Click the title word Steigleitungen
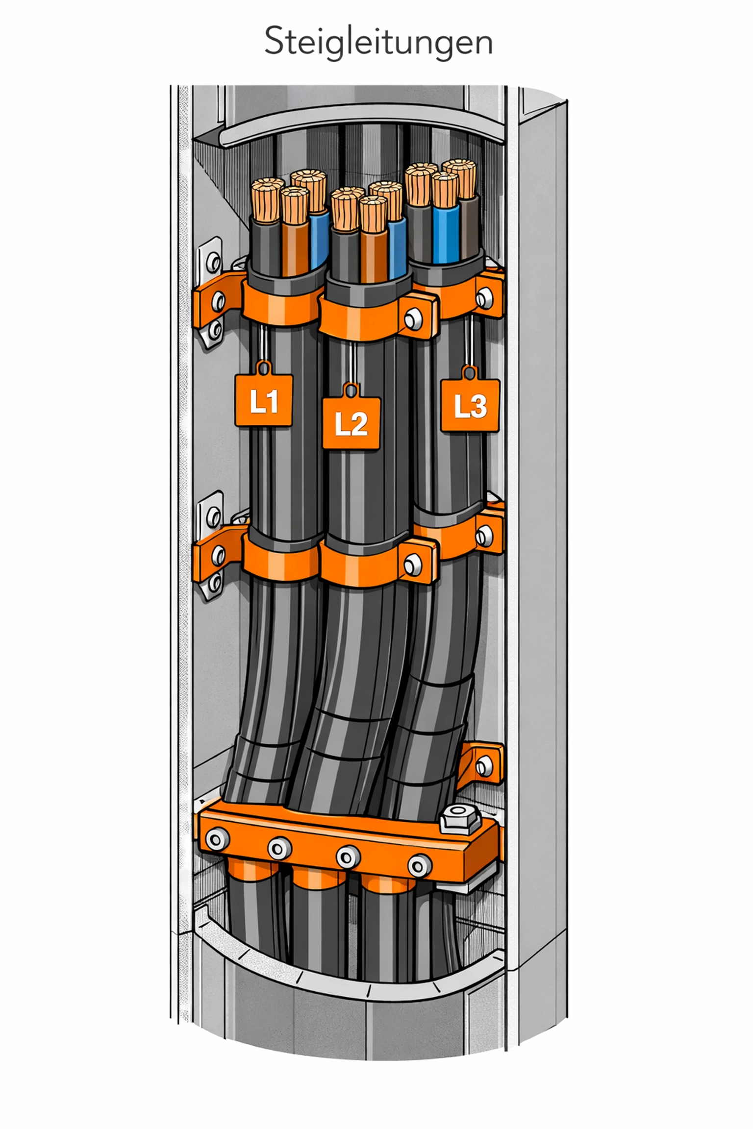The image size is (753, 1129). [x=378, y=42]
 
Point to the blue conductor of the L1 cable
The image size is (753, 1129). [x=319, y=238]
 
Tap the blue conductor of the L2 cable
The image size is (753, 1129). [x=397, y=247]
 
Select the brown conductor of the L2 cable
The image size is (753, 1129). [x=374, y=255]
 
